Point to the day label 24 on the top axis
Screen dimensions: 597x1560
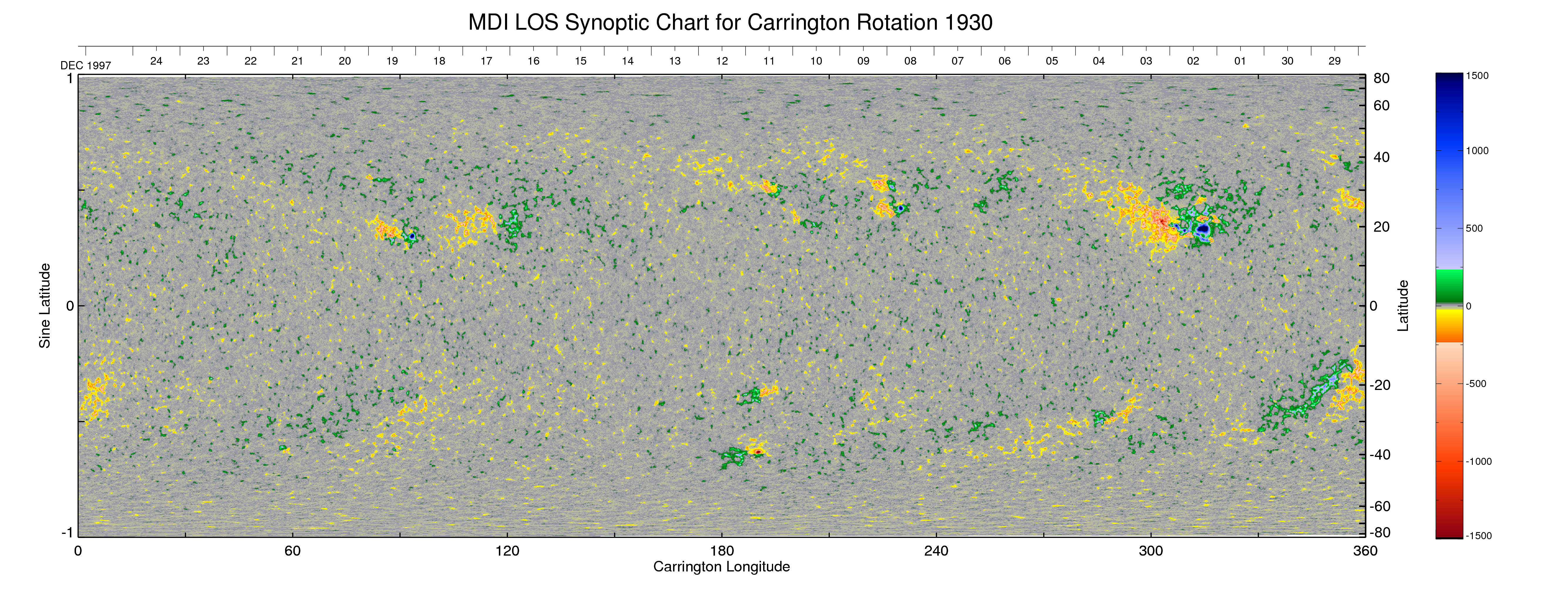coord(156,61)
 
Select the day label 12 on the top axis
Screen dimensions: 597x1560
coord(722,61)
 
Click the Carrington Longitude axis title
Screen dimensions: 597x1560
coord(721,567)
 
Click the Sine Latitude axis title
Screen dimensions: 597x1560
coord(45,306)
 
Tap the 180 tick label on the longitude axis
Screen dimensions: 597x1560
coord(722,551)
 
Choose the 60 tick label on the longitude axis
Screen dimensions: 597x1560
coord(292,551)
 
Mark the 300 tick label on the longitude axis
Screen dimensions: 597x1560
coord(1151,551)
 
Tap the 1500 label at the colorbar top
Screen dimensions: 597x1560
coord(1477,76)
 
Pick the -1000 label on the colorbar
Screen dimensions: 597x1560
coord(1478,461)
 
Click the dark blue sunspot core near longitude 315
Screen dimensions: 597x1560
coord(1203,229)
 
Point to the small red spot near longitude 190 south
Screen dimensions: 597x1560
coord(758,452)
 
